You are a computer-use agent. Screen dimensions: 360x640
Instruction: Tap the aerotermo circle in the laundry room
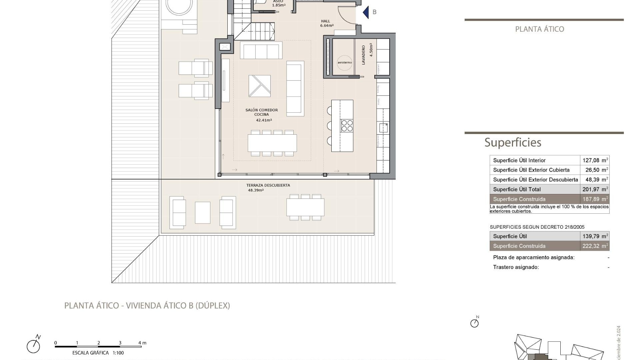point(344,62)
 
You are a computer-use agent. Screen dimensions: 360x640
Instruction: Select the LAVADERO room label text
point(363,55)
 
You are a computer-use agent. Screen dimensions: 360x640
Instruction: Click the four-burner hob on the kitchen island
point(347,126)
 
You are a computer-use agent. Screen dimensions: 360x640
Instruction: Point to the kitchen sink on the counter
point(383,128)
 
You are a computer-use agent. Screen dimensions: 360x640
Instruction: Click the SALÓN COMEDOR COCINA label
point(262,112)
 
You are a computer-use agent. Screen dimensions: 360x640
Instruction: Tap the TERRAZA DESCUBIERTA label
point(268,185)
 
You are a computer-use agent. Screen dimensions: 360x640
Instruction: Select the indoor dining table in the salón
point(272,143)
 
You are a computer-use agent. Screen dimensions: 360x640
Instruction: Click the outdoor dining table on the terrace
point(305,207)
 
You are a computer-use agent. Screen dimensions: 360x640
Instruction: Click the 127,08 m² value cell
point(595,160)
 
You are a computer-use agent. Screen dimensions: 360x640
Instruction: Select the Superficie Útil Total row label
point(517,189)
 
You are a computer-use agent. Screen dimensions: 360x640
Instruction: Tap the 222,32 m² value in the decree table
point(595,246)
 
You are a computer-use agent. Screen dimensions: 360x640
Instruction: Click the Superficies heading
point(513,142)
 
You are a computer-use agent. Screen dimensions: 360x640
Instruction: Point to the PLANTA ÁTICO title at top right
point(539,29)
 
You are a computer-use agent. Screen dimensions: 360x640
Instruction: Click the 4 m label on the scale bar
point(142,343)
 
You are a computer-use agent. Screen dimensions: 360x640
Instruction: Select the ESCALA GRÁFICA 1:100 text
point(98,353)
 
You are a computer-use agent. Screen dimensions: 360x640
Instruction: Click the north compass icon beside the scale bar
point(34,345)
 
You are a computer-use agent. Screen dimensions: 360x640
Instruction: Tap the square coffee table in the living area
point(259,86)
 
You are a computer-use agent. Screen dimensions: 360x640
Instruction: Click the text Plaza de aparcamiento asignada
point(534,257)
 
